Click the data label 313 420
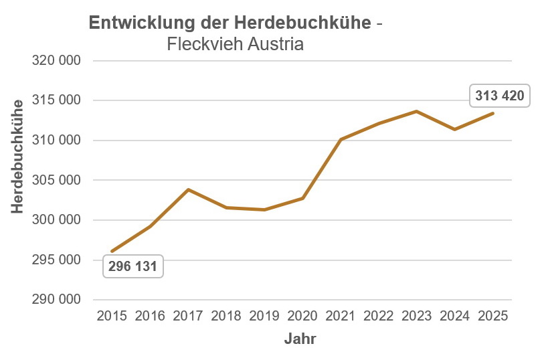pyautogui.click(x=499, y=96)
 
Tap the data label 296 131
pyautogui.click(x=132, y=267)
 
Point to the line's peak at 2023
pyautogui.click(x=417, y=111)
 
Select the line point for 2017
pyautogui.click(x=188, y=190)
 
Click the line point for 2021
pyautogui.click(x=341, y=139)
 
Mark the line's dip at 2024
pyautogui.click(x=455, y=129)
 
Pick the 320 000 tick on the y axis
pyautogui.click(x=56, y=61)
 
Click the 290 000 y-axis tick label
pyautogui.click(x=56, y=300)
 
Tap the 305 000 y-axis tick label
pyautogui.click(x=56, y=180)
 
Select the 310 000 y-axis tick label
pyautogui.click(x=56, y=141)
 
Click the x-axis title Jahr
pyautogui.click(x=300, y=339)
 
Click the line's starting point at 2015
pyautogui.click(x=112, y=251)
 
